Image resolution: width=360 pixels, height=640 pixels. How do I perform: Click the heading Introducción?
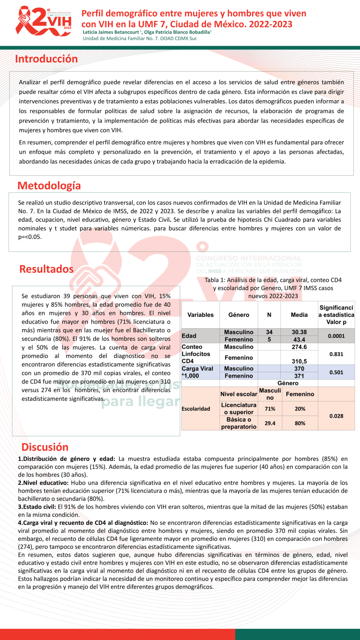pyautogui.click(x=46, y=59)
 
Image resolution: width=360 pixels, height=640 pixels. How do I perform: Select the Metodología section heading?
pyautogui.click(x=49, y=186)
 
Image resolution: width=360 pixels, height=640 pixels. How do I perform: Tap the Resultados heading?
pyautogui.click(x=46, y=269)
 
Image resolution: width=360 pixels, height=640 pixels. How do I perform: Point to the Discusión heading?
pyautogui.click(x=45, y=447)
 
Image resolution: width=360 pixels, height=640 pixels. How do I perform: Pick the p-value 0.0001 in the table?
pyautogui.click(x=336, y=336)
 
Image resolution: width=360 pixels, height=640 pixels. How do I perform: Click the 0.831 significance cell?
pyautogui.click(x=336, y=354)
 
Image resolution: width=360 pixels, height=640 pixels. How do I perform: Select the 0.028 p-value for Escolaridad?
pyautogui.click(x=336, y=416)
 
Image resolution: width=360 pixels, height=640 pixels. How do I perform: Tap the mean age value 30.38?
pyautogui.click(x=299, y=332)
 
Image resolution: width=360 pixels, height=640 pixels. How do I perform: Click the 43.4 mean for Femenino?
pyautogui.click(x=299, y=340)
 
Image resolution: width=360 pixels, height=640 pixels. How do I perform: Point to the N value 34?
pyautogui.click(x=269, y=332)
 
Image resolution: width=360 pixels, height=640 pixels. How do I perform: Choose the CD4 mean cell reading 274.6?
pyautogui.click(x=299, y=347)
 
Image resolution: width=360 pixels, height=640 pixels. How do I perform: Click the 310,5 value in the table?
pyautogui.click(x=299, y=361)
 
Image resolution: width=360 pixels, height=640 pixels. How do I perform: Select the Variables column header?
pyautogui.click(x=200, y=315)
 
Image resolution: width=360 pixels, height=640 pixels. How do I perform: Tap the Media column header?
pyautogui.click(x=299, y=315)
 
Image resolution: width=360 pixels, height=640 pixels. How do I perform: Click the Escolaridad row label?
pyautogui.click(x=196, y=409)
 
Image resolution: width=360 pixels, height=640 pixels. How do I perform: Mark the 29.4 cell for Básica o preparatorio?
pyautogui.click(x=270, y=423)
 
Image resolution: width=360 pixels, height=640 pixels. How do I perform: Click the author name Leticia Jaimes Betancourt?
pyautogui.click(x=111, y=32)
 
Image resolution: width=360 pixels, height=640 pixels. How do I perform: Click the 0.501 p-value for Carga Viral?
pyautogui.click(x=336, y=372)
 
